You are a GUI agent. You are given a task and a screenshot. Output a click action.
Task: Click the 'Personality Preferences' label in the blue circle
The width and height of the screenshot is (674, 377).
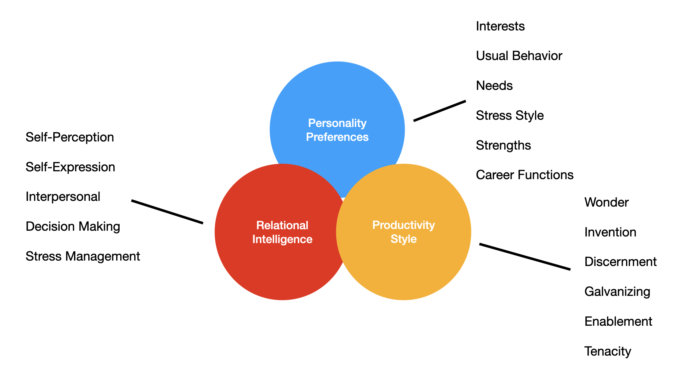[x=337, y=130]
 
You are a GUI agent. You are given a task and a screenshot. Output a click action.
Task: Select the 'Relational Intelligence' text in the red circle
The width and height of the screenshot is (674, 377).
[x=282, y=232]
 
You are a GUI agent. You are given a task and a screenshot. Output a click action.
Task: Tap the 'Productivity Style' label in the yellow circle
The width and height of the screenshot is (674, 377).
[x=403, y=232]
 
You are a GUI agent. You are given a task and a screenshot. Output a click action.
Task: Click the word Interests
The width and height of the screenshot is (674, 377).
[x=500, y=26]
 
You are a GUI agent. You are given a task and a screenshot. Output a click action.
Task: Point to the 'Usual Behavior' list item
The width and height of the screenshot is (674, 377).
[x=519, y=56]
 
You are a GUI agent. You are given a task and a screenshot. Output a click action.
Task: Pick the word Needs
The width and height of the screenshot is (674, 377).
[x=494, y=86]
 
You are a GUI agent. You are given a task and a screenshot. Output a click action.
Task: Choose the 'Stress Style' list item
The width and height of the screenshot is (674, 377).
[x=509, y=116]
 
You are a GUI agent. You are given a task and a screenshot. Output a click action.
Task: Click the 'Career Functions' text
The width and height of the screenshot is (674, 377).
[x=524, y=175]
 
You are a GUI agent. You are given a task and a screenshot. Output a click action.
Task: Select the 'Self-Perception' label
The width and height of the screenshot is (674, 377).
[x=70, y=137]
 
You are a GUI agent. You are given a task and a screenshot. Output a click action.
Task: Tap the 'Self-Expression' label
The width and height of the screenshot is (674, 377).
[x=70, y=167]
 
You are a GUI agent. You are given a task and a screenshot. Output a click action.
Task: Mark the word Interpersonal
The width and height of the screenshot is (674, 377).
[x=63, y=197]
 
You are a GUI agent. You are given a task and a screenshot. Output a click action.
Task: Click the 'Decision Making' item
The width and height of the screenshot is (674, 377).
[x=73, y=227]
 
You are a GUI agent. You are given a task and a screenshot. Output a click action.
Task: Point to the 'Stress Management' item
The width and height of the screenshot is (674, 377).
[x=83, y=256]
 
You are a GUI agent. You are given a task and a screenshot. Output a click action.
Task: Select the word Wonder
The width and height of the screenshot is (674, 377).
[x=606, y=202]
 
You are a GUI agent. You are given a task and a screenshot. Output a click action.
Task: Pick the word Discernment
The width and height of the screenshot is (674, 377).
[x=620, y=262]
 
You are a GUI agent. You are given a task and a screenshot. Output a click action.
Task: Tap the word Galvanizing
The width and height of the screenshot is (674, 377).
[x=617, y=292]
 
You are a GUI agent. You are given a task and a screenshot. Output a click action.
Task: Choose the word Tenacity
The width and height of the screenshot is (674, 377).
[x=607, y=351]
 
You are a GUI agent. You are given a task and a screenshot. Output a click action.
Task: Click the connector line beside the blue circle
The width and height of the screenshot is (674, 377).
[x=439, y=111]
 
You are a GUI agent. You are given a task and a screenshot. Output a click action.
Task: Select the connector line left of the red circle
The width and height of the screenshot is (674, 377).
[x=167, y=212]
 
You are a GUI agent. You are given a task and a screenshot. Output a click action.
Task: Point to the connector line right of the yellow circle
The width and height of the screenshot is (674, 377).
[x=525, y=257]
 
